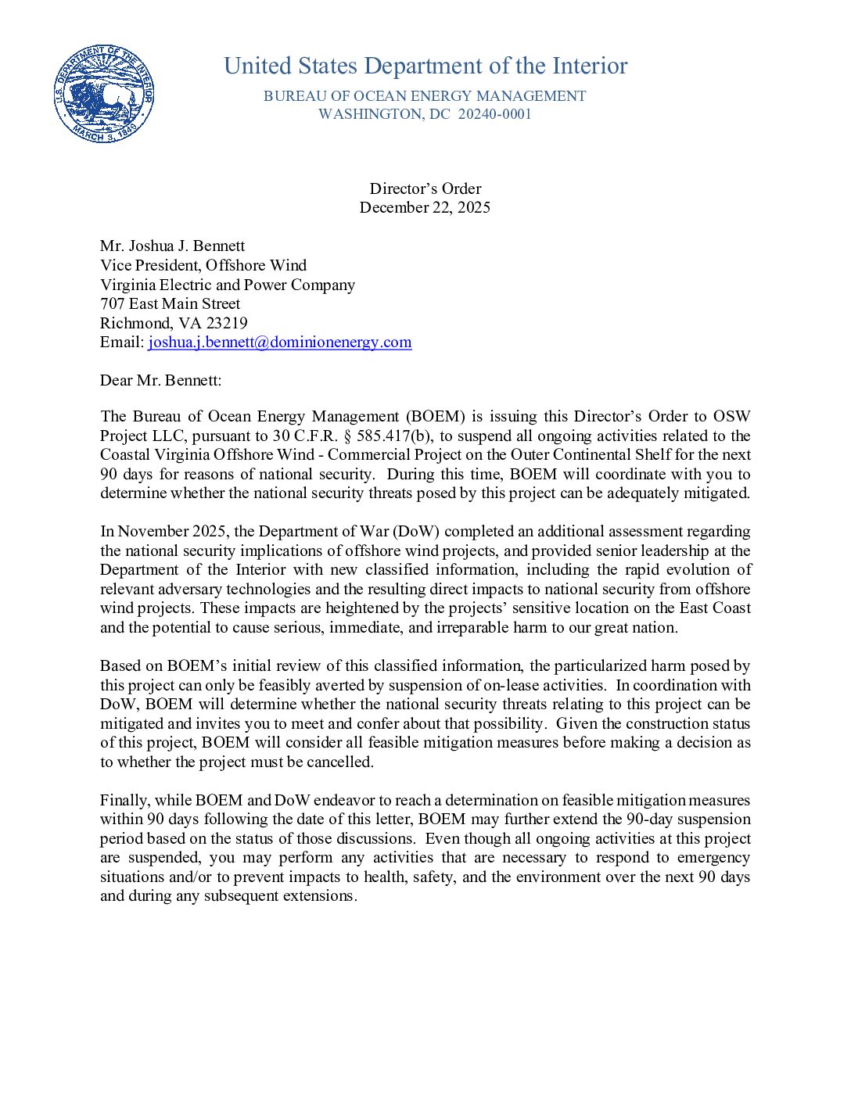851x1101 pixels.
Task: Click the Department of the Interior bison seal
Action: coord(104,94)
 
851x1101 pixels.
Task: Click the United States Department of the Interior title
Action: coord(425,66)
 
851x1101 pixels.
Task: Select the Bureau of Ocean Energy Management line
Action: coord(425,96)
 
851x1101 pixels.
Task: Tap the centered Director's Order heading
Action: coord(425,188)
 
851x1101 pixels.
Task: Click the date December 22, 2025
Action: coord(425,207)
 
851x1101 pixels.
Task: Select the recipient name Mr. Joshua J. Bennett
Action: coord(173,246)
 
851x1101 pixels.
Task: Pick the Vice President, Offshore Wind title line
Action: coord(203,265)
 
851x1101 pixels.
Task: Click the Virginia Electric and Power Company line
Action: coord(228,285)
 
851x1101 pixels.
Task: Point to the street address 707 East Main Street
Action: coord(171,303)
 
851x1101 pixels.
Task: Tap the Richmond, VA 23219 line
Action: coord(174,323)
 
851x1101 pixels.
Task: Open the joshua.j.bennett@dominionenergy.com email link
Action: coord(280,342)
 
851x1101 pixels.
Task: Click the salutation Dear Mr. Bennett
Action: coord(161,380)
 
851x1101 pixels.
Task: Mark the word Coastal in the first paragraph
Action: coord(127,454)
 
